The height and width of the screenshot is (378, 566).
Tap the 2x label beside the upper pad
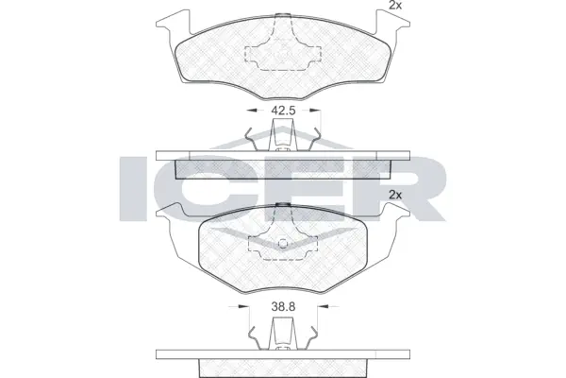click(x=395, y=7)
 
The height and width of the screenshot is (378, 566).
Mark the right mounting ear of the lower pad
click(x=398, y=227)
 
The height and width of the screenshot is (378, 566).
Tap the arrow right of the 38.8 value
click(x=312, y=307)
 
